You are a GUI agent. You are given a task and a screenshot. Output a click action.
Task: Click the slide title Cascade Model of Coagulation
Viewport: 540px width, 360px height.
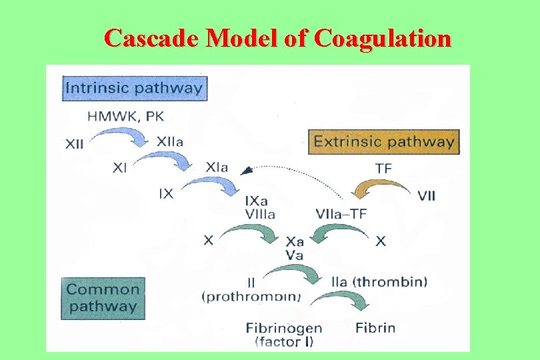tap(277, 39)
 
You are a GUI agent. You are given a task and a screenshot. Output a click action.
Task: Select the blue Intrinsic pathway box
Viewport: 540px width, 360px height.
tap(135, 88)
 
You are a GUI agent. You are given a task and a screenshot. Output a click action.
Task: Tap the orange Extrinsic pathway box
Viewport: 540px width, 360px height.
tap(384, 141)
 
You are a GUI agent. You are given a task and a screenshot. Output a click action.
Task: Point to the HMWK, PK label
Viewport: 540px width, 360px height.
tap(135, 116)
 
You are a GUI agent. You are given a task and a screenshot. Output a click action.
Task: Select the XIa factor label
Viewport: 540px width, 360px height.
tap(217, 167)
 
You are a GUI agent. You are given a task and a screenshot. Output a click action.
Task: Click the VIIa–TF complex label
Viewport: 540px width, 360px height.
tap(341, 214)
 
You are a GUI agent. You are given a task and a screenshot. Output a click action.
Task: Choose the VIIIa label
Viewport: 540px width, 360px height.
tap(260, 214)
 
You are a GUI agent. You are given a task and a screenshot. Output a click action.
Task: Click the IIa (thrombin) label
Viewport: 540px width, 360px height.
tap(379, 281)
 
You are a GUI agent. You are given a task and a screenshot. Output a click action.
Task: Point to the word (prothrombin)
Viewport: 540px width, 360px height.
tap(251, 297)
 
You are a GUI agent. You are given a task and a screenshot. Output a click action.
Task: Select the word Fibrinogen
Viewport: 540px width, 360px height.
tap(284, 328)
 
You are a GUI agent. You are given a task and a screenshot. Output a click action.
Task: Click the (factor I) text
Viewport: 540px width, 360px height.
tap(284, 342)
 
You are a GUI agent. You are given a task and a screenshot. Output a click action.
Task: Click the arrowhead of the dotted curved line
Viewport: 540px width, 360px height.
tap(246, 171)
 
